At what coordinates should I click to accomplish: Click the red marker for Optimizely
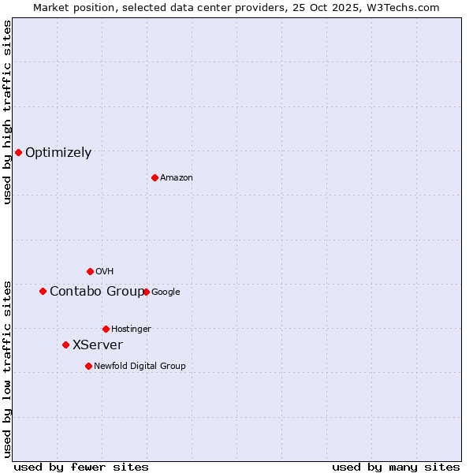point(18,152)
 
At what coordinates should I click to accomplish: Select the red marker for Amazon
point(155,177)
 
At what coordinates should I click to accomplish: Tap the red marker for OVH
point(90,271)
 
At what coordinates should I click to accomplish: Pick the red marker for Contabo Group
point(43,291)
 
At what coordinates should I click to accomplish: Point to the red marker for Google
point(146,292)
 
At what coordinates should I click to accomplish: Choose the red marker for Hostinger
point(106,329)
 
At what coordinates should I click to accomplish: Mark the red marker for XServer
point(65,345)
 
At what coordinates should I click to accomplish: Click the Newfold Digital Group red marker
point(88,366)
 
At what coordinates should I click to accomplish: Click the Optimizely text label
point(58,153)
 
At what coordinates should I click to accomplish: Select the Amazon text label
point(177,178)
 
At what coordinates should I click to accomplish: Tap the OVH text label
point(105,272)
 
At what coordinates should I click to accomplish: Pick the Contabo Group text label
point(97,292)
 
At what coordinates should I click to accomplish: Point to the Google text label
point(166,292)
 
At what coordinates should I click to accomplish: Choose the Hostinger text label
point(131,330)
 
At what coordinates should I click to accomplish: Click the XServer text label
point(98,345)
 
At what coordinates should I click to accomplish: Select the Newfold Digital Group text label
point(140,367)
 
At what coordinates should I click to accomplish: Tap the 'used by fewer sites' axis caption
point(81,467)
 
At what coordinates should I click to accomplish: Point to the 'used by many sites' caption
point(396,467)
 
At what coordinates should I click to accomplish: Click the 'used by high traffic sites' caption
point(7,112)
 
